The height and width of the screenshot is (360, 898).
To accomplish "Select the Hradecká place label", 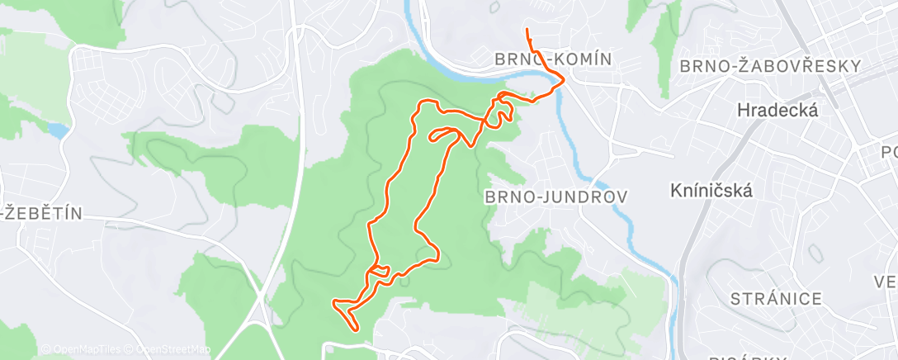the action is click(x=777, y=110).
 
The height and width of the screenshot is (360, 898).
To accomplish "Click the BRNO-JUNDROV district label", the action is click(x=555, y=197).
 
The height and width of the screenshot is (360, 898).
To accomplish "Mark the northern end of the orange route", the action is click(x=527, y=30).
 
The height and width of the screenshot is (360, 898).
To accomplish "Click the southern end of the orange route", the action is click(x=357, y=329).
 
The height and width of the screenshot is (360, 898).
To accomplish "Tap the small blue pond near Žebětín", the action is click(x=57, y=130).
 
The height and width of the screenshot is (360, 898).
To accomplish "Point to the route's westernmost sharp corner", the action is click(x=333, y=303).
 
